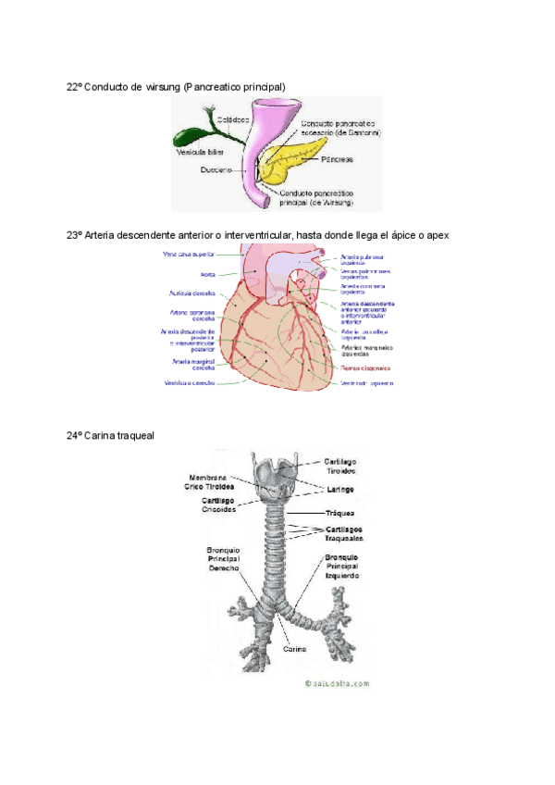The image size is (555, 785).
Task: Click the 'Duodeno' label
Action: click(215, 170)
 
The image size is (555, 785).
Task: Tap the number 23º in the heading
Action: click(75, 235)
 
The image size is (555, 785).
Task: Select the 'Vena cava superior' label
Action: click(189, 254)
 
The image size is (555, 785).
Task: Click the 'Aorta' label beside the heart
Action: click(209, 275)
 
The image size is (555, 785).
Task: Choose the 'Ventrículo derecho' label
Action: click(191, 382)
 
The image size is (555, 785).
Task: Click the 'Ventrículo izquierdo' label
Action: click(367, 383)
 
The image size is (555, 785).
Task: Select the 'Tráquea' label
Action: click(340, 512)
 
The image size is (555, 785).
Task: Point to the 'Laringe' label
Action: click(340, 489)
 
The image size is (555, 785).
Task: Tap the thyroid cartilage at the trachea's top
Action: click(275, 472)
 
